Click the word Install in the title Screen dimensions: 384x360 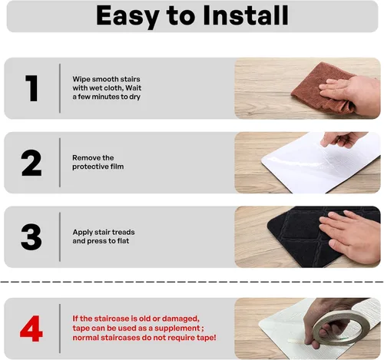tap(246, 15)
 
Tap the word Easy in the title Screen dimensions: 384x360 tap(127, 17)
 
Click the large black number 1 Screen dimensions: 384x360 tap(31, 88)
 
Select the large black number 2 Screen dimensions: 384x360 tap(31, 163)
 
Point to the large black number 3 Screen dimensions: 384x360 tap(31, 237)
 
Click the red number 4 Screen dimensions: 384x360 tap(31, 329)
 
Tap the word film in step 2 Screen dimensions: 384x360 tap(117, 167)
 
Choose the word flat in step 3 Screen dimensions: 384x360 tap(123, 241)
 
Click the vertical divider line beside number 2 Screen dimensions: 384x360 tap(60, 163)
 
